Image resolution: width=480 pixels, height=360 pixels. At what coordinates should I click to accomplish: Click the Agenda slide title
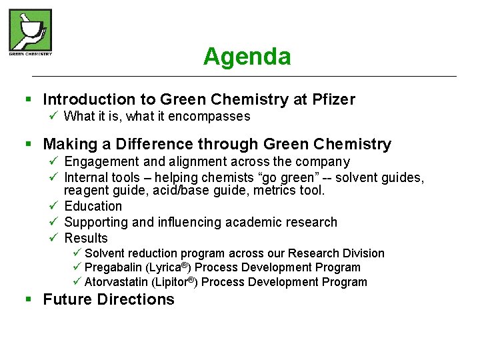coord(247,57)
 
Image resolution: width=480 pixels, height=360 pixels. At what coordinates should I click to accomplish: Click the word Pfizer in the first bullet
coord(333,100)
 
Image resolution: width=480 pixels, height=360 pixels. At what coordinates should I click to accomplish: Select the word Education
coord(93,207)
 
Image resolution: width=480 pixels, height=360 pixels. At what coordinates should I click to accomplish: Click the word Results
coord(85,239)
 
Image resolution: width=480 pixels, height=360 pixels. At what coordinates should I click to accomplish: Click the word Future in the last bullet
coord(67,300)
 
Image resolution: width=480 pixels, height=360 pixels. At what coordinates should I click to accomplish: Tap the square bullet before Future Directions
coord(28,300)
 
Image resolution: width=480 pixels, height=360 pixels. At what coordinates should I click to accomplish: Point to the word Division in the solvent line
coord(363,253)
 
